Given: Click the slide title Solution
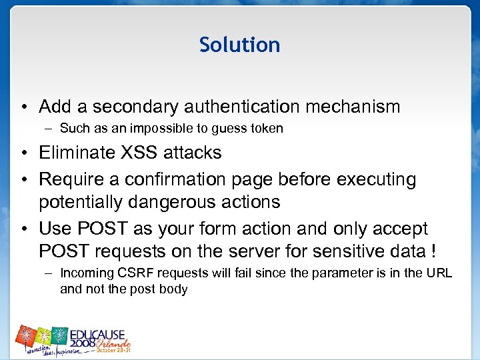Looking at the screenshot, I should [x=239, y=45].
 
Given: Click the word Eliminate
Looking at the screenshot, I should [x=76, y=153].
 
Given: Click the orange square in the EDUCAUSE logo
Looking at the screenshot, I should [x=27, y=336].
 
